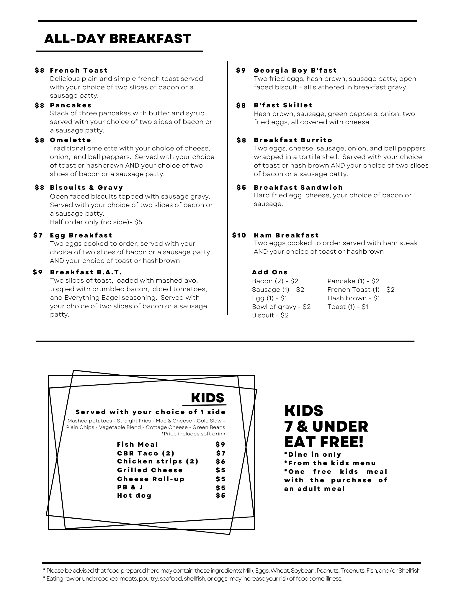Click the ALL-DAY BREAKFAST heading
coord(117,39)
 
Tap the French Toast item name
coord(79,71)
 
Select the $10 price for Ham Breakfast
coord(239,235)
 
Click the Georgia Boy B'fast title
coord(295,71)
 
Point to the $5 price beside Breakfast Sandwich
coord(241,188)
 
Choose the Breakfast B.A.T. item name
coord(86,272)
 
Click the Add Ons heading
coord(270,272)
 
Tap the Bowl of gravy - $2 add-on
coord(281,307)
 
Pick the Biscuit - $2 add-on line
coord(270,315)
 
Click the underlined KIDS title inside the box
coord(207,398)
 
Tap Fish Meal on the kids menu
coord(138,445)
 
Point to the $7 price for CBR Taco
coord(220,453)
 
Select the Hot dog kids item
coord(134,496)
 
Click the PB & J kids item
coord(130,487)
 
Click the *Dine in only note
coord(313,455)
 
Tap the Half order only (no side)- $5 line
coord(96,222)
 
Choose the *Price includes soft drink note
coord(193,434)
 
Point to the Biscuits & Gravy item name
coord(86,188)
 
